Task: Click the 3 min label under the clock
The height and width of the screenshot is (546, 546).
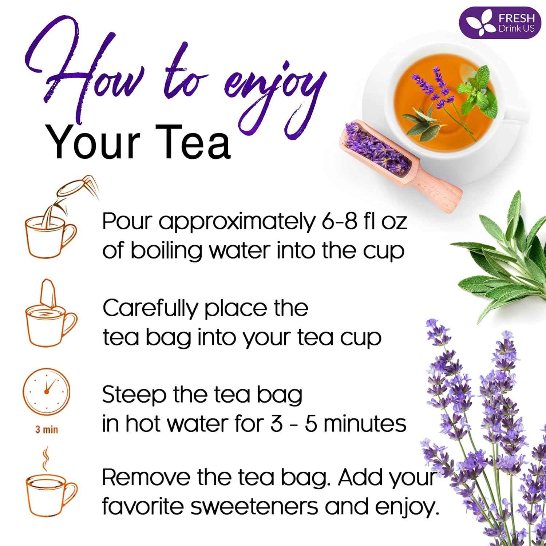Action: tap(46, 430)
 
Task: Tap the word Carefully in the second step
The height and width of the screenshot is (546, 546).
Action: tap(150, 309)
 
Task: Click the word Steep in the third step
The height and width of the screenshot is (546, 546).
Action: tap(134, 395)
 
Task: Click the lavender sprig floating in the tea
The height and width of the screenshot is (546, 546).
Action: tap(433, 87)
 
